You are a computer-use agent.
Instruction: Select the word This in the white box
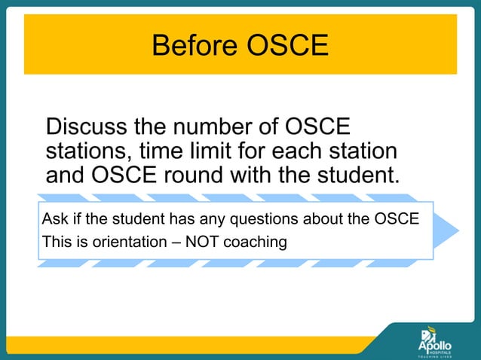point(56,243)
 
